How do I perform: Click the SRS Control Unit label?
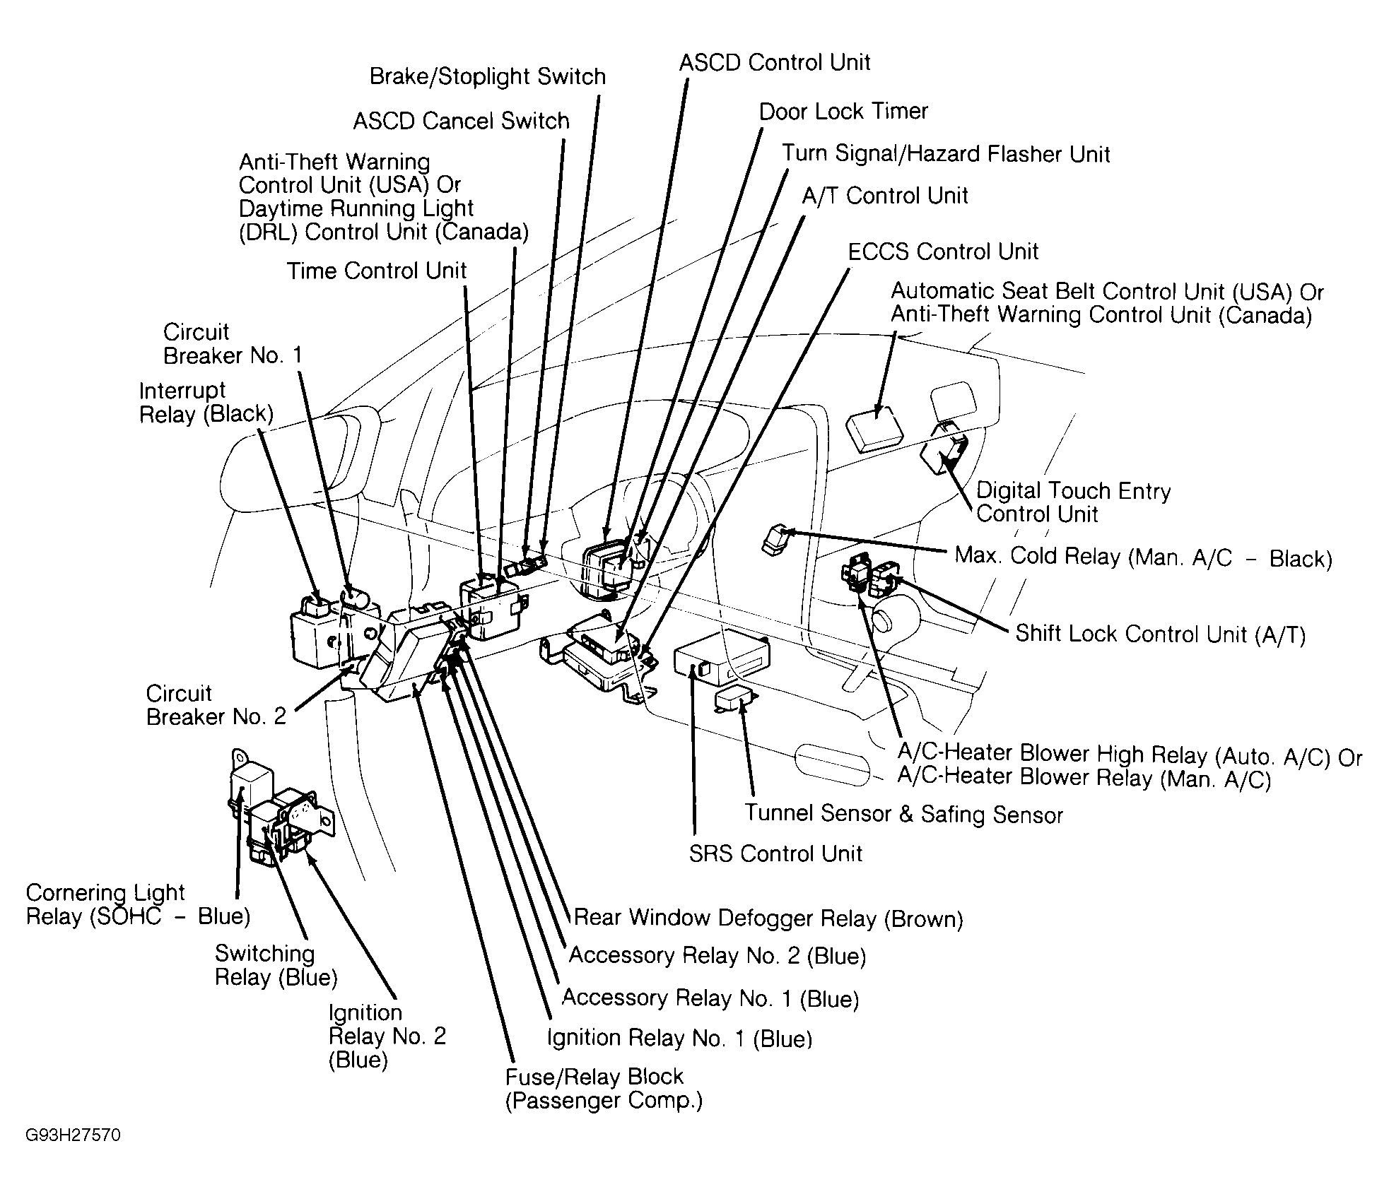[775, 853]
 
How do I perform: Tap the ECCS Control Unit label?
[943, 252]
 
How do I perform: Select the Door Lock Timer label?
[843, 111]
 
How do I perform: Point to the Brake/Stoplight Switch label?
[488, 76]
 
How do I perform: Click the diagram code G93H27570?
[73, 1135]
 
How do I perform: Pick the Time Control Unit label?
[377, 271]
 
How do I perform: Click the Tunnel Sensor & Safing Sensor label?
[903, 814]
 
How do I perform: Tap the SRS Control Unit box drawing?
[721, 659]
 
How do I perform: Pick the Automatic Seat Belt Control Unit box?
[874, 429]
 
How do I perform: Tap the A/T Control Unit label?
[884, 196]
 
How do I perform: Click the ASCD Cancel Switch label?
[461, 121]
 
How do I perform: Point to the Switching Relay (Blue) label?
[276, 965]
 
